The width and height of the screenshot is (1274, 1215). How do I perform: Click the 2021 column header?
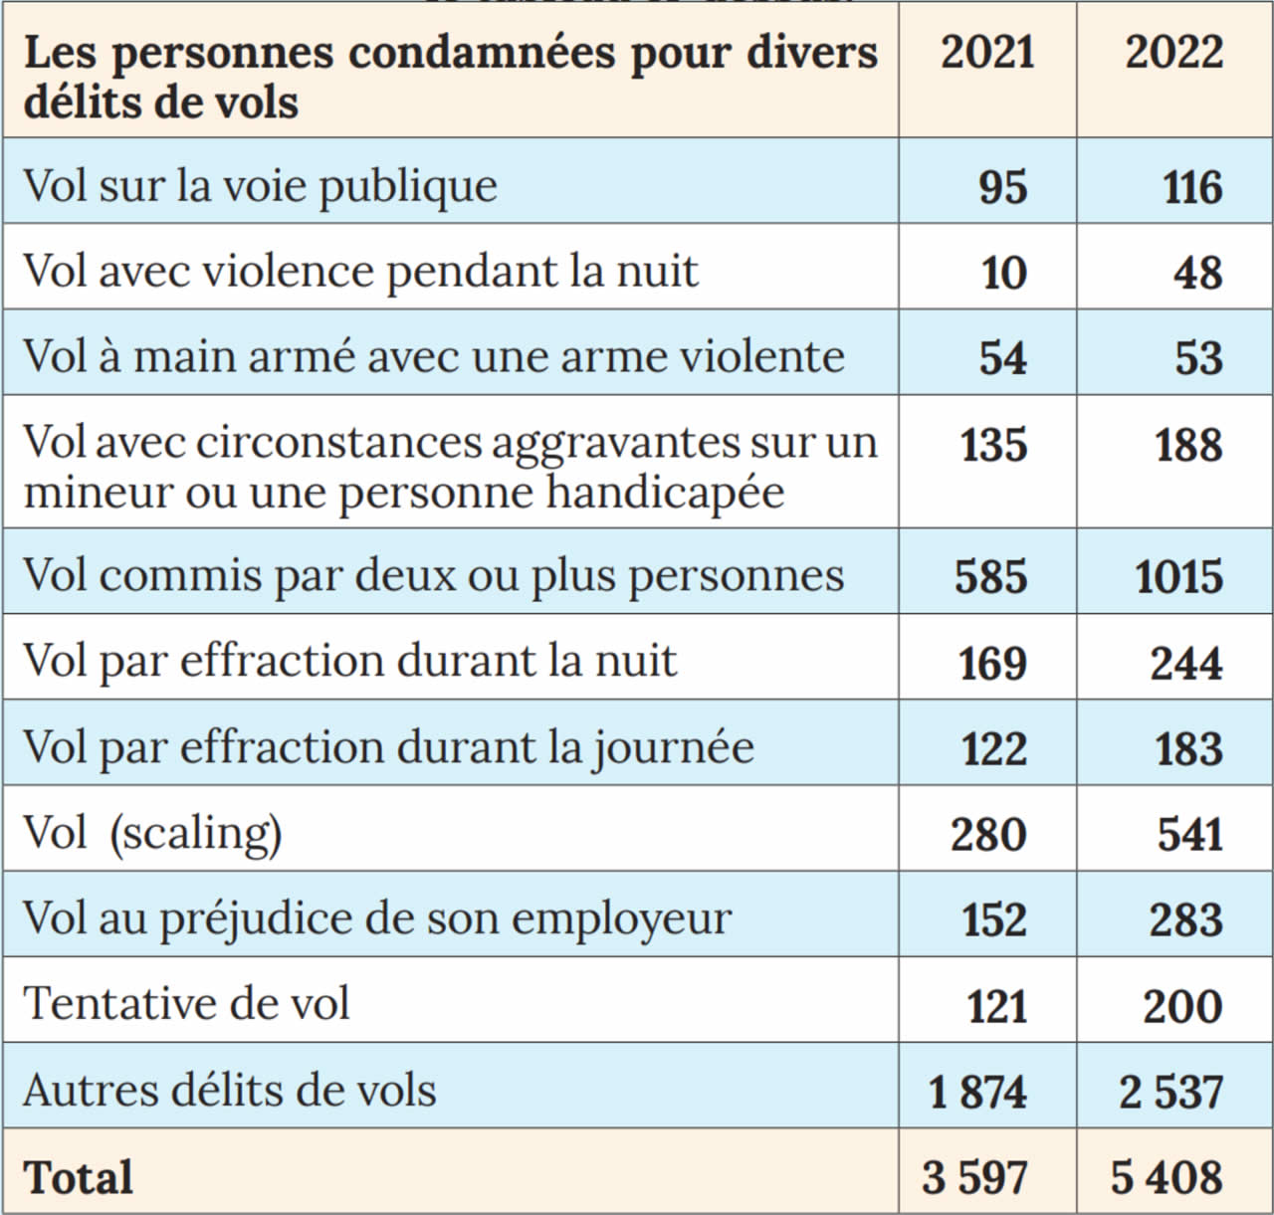pos(987,52)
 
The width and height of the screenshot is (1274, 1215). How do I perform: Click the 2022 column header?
pos(1174,52)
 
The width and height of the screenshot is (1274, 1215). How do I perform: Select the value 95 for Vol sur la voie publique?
pos(1002,187)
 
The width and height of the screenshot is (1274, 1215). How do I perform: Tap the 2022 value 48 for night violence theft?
pos(1197,273)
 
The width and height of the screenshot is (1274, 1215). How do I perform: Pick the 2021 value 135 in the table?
pos(993,445)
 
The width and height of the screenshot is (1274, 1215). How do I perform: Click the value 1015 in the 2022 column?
pos(1179,577)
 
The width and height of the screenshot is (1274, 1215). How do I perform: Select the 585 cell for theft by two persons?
pos(990,577)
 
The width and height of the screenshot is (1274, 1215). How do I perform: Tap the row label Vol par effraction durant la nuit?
pos(349,661)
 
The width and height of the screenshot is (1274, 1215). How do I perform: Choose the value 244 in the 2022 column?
pos(1186,664)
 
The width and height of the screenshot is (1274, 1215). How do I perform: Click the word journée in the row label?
pos(674,747)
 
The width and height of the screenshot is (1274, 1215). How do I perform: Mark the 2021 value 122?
pos(993,749)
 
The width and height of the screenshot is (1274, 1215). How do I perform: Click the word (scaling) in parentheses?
pos(196,833)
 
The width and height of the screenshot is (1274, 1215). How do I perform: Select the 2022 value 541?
pos(1189,835)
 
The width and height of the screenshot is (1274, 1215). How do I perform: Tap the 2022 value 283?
pos(1186,920)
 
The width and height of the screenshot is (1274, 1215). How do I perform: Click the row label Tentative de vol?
pos(186,1003)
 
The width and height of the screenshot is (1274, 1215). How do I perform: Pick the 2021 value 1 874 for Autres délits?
pos(976,1093)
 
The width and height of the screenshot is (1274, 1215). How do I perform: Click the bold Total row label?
pos(78,1178)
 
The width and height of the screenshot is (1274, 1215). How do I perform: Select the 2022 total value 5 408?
pos(1167,1178)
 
